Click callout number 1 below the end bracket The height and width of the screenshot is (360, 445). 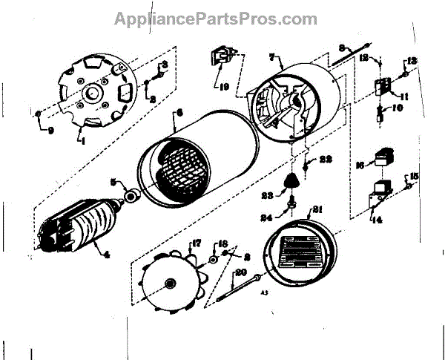tap(83, 140)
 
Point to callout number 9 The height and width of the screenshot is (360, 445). tap(50, 132)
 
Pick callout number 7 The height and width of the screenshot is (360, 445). tap(271, 57)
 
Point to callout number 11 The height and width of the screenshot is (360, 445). tap(404, 96)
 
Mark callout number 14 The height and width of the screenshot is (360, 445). tap(380, 220)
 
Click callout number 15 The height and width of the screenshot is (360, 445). tap(414, 176)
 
